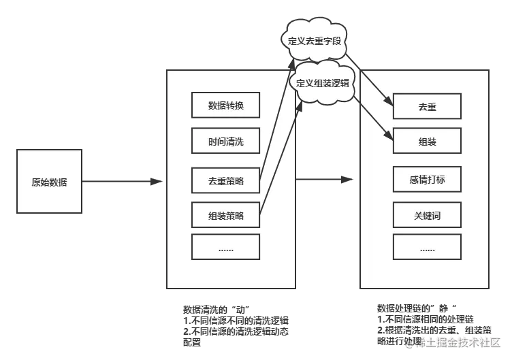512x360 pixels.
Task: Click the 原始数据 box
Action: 49,182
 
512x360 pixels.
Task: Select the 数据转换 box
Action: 225,105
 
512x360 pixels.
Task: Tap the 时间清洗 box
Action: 225,142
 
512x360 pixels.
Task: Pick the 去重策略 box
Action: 225,181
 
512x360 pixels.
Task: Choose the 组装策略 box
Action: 225,216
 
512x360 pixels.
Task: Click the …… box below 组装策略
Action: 225,247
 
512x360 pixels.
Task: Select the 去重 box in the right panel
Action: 427,106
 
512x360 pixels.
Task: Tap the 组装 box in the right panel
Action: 427,142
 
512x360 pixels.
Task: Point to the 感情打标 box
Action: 427,180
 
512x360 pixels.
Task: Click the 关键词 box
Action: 427,216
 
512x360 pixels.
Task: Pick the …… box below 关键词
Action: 427,247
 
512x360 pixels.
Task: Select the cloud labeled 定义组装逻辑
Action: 323,83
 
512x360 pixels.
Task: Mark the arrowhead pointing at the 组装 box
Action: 389,138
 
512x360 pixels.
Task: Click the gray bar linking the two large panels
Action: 327,180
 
